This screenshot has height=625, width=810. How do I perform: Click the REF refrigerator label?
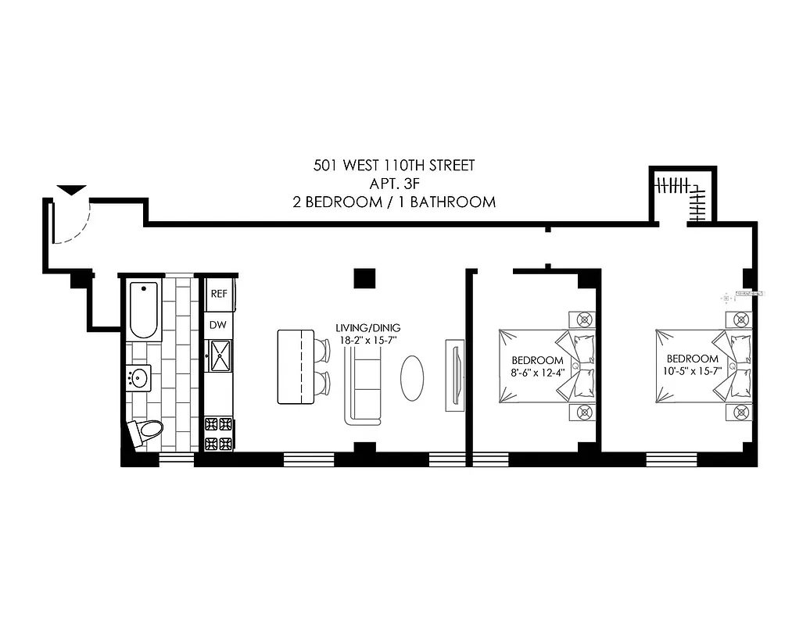219,294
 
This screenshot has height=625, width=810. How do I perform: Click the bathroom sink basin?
141,379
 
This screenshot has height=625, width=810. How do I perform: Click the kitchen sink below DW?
220,355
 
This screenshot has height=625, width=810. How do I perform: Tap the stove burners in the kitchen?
219,434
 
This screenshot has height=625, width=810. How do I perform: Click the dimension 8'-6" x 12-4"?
537,371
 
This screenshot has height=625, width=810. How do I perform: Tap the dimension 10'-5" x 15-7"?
692,370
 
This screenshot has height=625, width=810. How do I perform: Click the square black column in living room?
364,278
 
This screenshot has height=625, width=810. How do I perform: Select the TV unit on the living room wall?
453,375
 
